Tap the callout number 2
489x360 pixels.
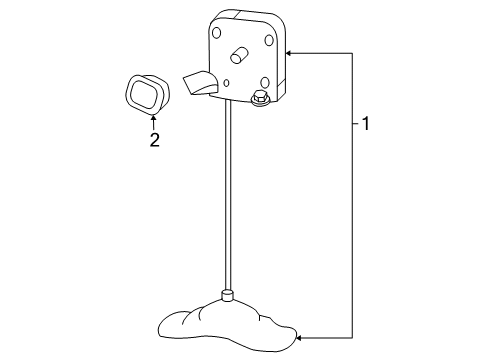click(154, 140)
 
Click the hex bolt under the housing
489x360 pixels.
click(259, 98)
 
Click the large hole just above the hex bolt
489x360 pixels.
click(264, 83)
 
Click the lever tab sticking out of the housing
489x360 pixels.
click(200, 85)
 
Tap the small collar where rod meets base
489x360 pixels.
click(227, 294)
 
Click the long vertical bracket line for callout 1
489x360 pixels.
click(351, 200)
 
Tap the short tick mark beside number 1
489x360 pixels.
click(356, 124)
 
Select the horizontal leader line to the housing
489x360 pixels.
click(320, 52)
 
